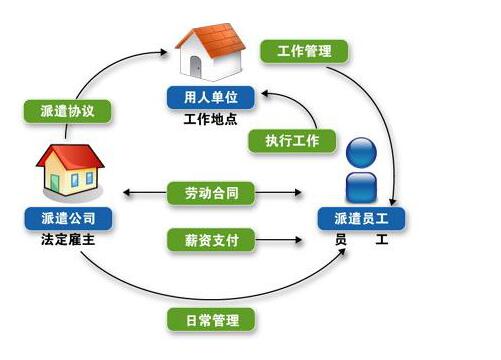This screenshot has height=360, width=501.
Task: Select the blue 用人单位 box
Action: pyautogui.click(x=211, y=98)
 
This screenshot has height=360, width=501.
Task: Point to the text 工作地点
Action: pyautogui.click(x=212, y=119)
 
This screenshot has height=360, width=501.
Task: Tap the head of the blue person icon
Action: pyautogui.click(x=360, y=153)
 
